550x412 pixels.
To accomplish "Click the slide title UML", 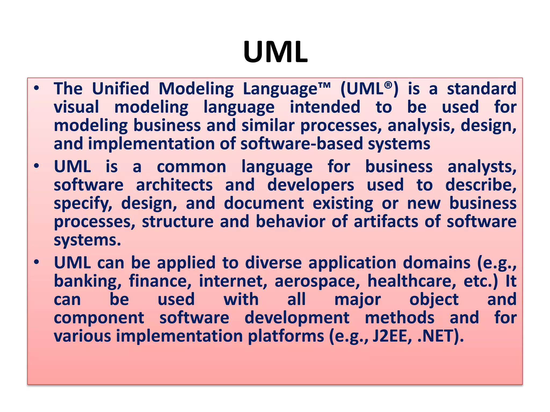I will click(x=275, y=52).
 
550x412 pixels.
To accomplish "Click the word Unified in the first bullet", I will click(x=120, y=89).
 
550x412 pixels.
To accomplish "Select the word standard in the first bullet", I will click(x=482, y=89).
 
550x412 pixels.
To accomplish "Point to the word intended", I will click(x=325, y=107).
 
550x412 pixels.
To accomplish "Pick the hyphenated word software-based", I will click(x=302, y=144).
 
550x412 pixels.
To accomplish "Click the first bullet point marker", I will click(x=37, y=88).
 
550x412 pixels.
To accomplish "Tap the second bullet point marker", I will click(x=37, y=166).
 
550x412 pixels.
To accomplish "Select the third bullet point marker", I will click(x=37, y=262).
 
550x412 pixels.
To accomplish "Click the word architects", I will click(x=174, y=185).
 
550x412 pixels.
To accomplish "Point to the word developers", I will click(x=311, y=185).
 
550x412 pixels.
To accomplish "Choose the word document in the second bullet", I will click(x=264, y=203).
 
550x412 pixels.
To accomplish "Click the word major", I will click(x=357, y=300).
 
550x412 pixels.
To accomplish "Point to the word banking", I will click(x=87, y=281).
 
